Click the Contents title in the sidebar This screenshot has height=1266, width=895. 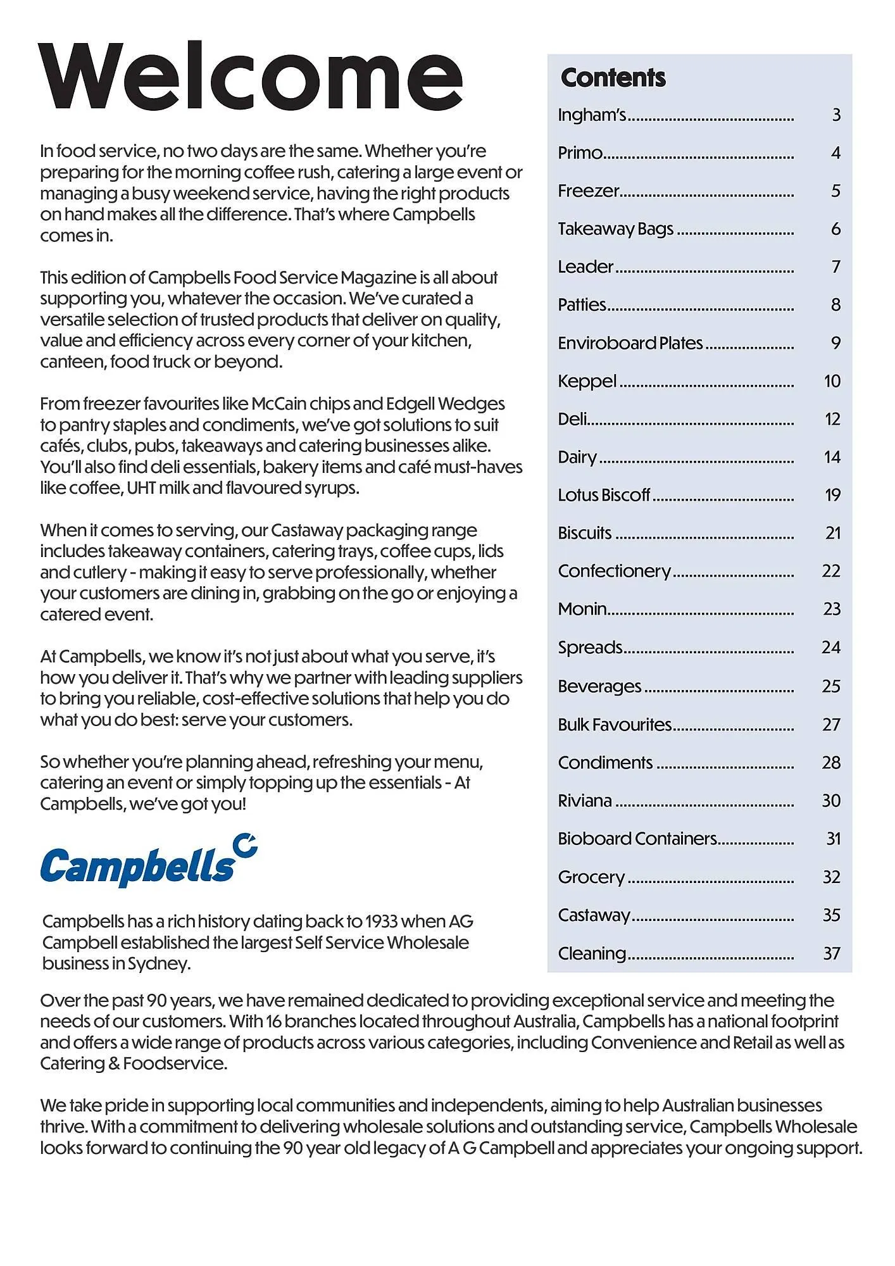[x=613, y=78]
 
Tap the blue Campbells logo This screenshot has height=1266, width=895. [x=149, y=861]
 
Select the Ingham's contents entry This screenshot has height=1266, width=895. [x=591, y=115]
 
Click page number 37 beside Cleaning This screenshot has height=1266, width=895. [x=831, y=953]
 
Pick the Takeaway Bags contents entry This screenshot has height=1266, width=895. [x=615, y=229]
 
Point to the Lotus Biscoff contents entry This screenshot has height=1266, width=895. [x=603, y=495]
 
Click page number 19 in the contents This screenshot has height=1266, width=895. [x=832, y=495]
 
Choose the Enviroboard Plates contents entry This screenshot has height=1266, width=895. [x=630, y=343]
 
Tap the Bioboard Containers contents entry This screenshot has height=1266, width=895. [x=637, y=839]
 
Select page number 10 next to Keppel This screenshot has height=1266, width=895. [x=832, y=381]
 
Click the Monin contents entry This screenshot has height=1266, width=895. [x=582, y=609]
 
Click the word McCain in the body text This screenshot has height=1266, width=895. [x=279, y=404]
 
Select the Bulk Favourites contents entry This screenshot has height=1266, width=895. [x=614, y=725]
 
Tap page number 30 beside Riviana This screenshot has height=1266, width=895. [x=831, y=801]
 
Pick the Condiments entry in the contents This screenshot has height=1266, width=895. [x=604, y=763]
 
